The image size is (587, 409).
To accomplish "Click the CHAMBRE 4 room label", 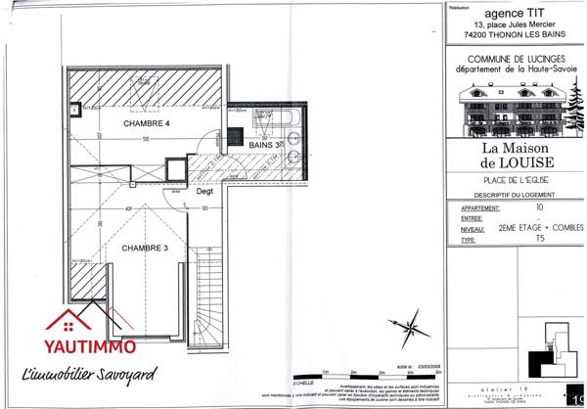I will click(147, 125).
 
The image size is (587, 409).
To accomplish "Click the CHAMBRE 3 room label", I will click(145, 249).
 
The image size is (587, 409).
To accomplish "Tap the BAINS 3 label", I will click(264, 145).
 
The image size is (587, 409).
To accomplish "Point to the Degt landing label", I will click(204, 192).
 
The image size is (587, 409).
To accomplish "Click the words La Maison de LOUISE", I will click(513, 154).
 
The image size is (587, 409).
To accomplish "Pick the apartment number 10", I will click(538, 207).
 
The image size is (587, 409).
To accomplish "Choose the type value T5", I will click(538, 239).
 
